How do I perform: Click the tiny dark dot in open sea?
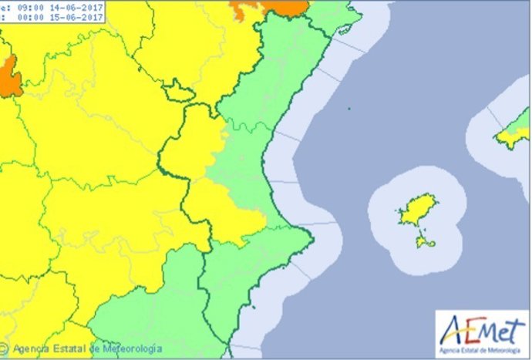(348, 109)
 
